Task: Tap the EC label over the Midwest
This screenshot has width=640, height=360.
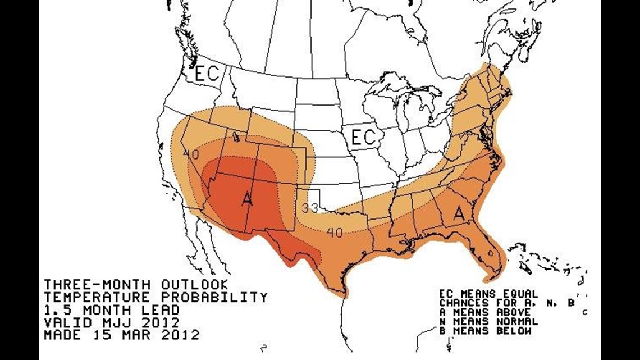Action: (363, 137)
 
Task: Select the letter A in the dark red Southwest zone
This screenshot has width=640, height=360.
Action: (246, 198)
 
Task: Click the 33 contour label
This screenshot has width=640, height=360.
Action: (310, 208)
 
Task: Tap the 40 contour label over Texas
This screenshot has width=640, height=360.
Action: (335, 233)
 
